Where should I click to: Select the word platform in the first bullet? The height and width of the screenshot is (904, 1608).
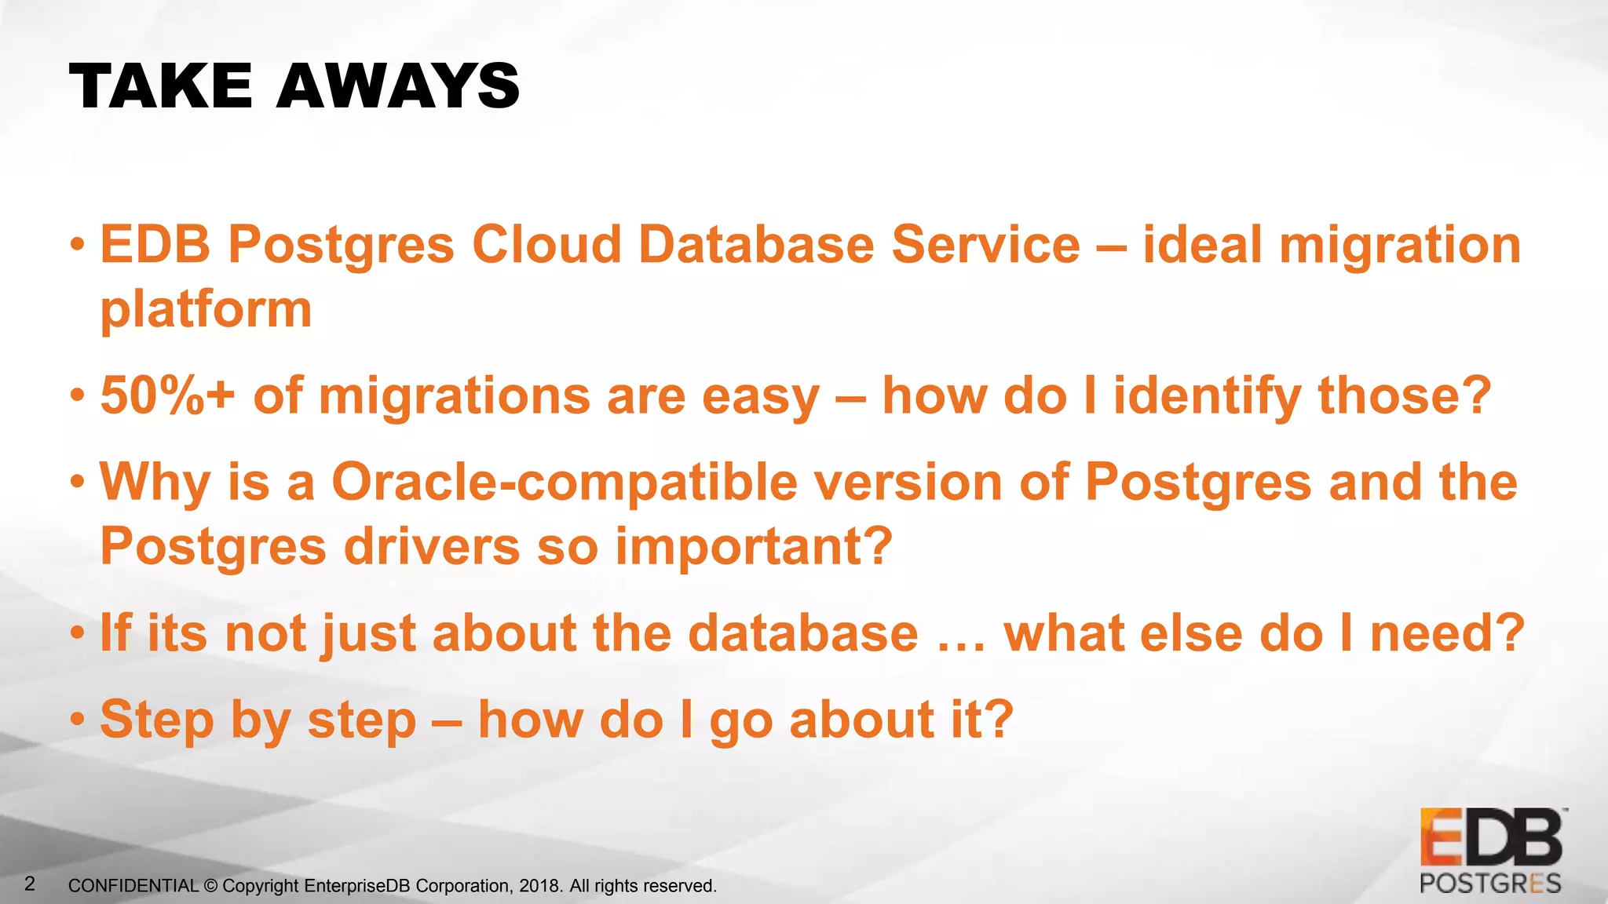pyautogui.click(x=206, y=310)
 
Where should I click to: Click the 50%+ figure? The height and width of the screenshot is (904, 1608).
pyautogui.click(x=167, y=395)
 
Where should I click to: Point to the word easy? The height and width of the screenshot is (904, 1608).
pyautogui.click(x=759, y=397)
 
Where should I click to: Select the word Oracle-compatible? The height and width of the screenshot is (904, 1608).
pyautogui.click(x=565, y=482)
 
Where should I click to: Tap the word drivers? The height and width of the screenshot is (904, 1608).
pyautogui.click(x=432, y=547)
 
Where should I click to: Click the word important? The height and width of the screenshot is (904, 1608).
pyautogui.click(x=754, y=547)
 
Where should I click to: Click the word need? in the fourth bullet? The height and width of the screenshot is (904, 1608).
pyautogui.click(x=1447, y=633)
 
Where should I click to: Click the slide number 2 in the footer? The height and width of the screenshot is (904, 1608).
pyautogui.click(x=30, y=884)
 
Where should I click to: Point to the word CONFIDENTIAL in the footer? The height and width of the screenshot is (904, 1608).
pyautogui.click(x=133, y=886)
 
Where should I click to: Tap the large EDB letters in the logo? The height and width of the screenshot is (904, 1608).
pyautogui.click(x=1491, y=839)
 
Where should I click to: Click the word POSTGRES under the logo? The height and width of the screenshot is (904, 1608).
pyautogui.click(x=1490, y=884)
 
